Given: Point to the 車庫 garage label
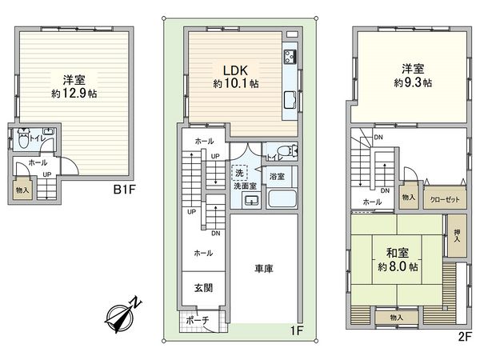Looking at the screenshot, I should (x=264, y=270).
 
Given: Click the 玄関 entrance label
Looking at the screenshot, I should (x=202, y=287).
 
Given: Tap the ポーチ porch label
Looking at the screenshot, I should (x=197, y=321).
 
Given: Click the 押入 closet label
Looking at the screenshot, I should (x=457, y=234).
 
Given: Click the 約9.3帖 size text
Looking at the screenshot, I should (x=413, y=82).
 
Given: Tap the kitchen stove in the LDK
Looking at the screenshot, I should (x=289, y=58).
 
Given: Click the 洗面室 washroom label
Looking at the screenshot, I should (x=246, y=186).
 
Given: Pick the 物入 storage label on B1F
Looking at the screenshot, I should (x=22, y=190).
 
